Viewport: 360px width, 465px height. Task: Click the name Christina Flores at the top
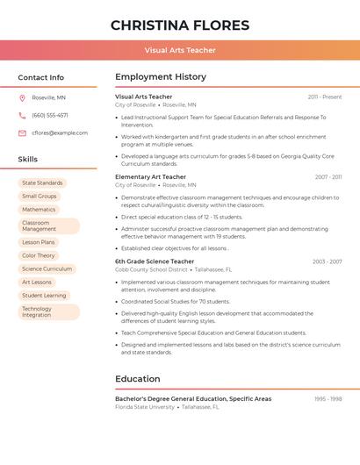point(180,25)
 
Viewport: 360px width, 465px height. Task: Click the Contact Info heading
point(41,77)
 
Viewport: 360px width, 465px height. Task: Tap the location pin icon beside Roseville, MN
point(22,97)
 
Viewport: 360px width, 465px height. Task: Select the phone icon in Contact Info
point(22,115)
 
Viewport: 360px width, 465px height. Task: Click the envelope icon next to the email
point(22,132)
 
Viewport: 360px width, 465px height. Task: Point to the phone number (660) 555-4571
point(50,115)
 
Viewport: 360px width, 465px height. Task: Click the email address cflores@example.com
point(60,132)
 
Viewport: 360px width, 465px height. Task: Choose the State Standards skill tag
point(42,183)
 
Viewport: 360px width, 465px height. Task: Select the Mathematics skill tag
point(39,210)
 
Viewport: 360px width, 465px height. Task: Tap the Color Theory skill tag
point(39,255)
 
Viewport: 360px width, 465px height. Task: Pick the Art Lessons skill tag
point(37,282)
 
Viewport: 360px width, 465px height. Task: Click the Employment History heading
point(161,77)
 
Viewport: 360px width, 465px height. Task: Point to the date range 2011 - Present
point(325,97)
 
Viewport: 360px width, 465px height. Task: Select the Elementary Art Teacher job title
point(150,177)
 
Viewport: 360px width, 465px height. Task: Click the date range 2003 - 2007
point(327,261)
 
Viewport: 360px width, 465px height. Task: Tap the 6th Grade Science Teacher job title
point(155,261)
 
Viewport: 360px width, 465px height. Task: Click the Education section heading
point(137,379)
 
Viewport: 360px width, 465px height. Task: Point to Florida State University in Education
point(145,407)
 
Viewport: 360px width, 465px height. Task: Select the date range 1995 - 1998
point(328,399)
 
